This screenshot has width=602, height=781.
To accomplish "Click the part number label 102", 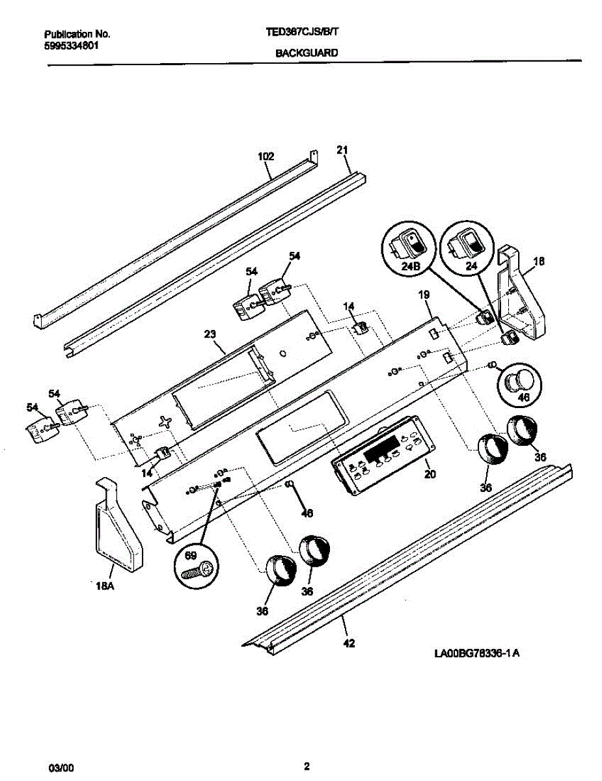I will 266,156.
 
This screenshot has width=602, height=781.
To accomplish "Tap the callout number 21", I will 343,150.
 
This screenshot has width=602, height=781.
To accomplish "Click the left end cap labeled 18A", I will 118,526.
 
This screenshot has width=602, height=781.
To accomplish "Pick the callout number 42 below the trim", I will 349,644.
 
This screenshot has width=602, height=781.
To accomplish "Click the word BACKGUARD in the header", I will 307,55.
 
